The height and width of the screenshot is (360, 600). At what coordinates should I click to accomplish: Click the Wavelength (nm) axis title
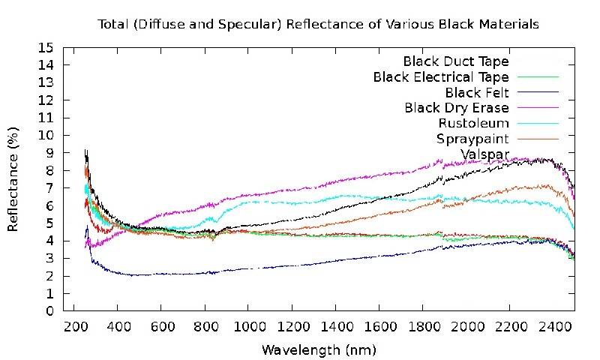tap(319, 350)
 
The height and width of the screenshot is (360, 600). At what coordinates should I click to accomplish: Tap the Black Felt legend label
tap(477, 92)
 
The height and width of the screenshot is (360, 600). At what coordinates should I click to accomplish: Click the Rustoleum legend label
tap(474, 124)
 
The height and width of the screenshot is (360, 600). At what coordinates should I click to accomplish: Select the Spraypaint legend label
tap(472, 139)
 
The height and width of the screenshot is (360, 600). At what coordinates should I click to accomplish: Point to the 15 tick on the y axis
tap(47, 47)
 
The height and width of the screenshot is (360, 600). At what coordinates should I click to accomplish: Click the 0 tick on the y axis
tap(49, 310)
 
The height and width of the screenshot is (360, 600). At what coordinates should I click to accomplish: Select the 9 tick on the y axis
tap(49, 153)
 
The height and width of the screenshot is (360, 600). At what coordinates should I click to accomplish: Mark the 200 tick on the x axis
tap(73, 328)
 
